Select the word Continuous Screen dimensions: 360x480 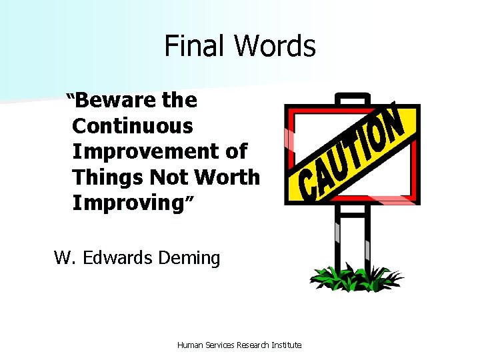pos(133,126)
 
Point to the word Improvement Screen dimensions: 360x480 pos(148,151)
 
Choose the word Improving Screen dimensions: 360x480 pos(123,203)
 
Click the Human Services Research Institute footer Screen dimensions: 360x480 pos(239,345)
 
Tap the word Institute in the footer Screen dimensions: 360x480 pos(287,345)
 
